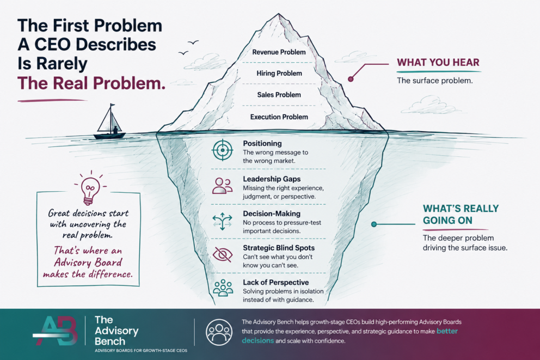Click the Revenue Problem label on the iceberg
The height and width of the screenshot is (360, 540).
(279, 52)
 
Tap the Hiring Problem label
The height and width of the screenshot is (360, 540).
(279, 74)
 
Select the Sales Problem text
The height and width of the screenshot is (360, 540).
(279, 95)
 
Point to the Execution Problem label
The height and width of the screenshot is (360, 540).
(279, 117)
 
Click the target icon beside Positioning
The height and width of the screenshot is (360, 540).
(223, 150)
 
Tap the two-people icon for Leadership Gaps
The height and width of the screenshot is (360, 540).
(222, 186)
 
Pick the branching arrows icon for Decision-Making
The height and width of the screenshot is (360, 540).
(222, 221)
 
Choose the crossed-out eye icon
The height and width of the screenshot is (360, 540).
(223, 254)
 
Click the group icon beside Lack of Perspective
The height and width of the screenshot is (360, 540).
(223, 288)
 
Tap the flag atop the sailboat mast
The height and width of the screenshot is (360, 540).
(113, 105)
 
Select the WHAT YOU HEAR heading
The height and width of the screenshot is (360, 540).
(438, 62)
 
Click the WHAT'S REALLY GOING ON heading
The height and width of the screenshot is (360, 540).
(461, 214)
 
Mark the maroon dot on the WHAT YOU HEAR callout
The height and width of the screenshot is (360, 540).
(351, 79)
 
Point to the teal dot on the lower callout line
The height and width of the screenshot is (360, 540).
(374, 224)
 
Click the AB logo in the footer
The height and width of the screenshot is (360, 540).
(56, 331)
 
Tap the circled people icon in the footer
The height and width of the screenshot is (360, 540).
(219, 332)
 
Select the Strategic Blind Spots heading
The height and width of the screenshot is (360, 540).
(279, 248)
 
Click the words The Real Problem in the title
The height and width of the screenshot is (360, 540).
(91, 83)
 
